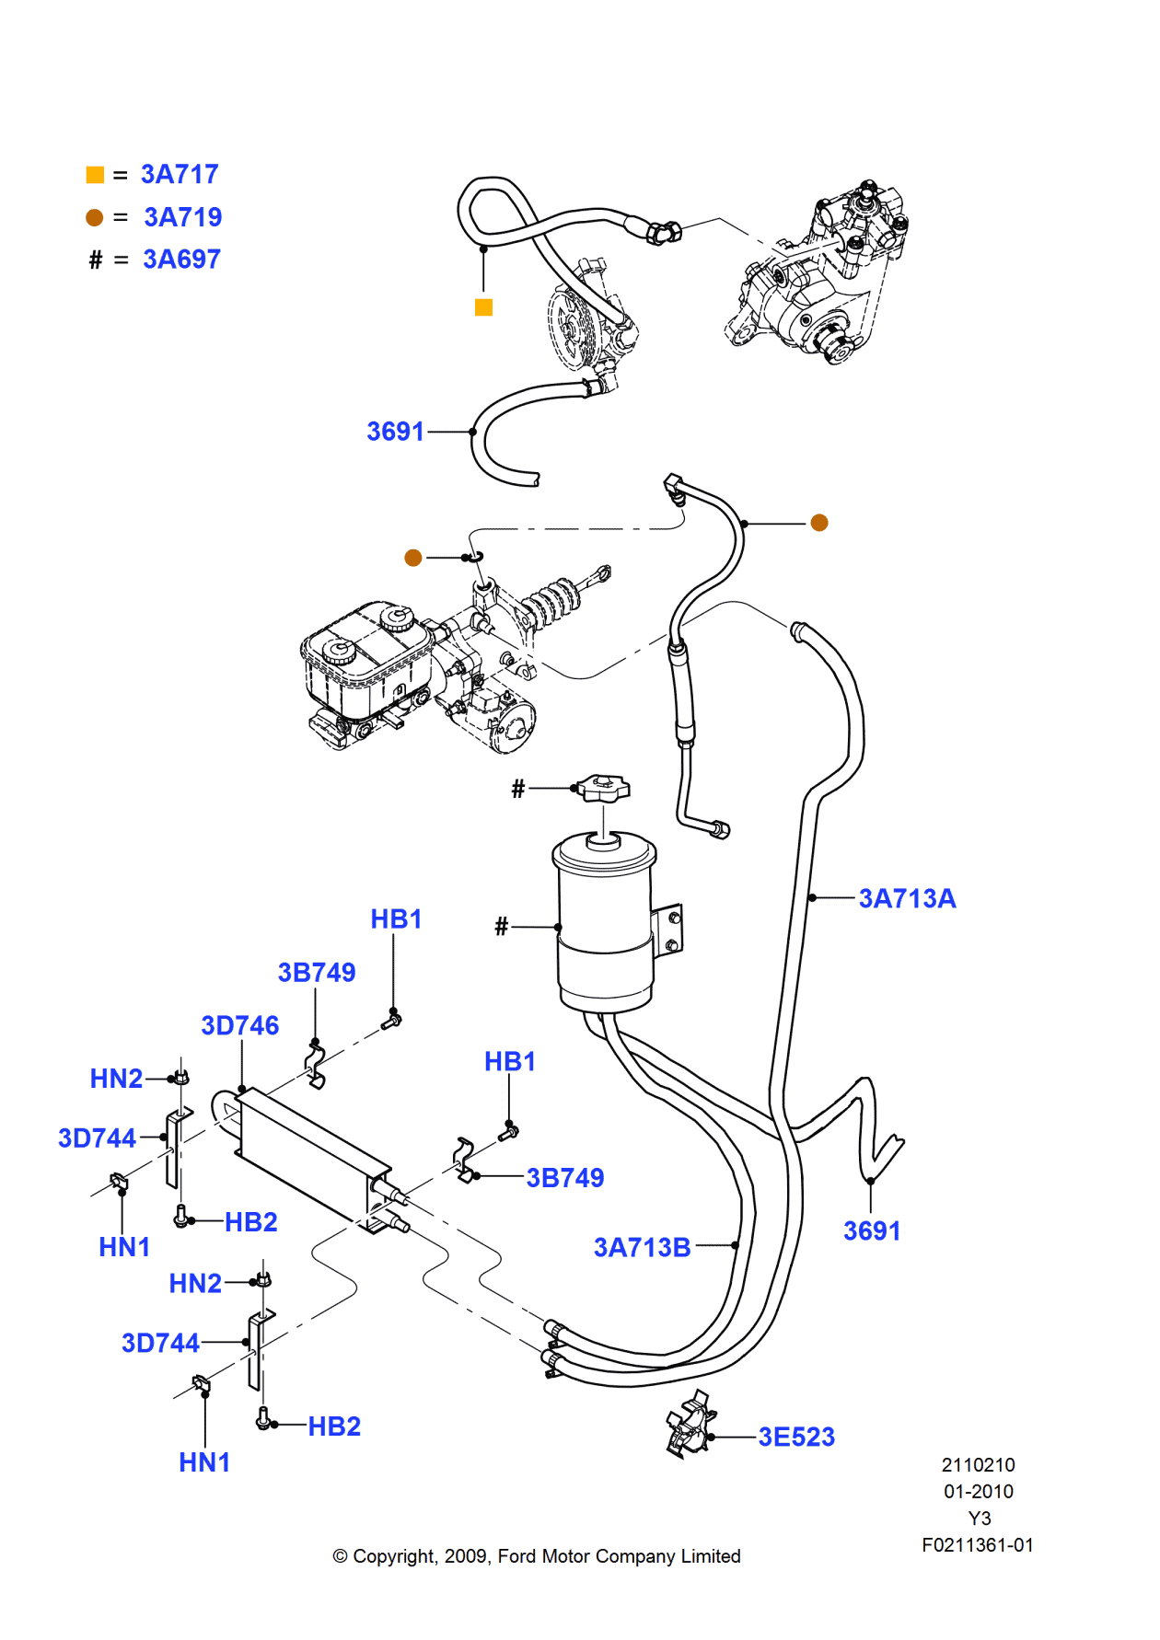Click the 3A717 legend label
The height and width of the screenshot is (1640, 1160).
point(179,174)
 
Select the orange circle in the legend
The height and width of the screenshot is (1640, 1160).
point(94,217)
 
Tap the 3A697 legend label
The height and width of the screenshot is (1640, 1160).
point(181,260)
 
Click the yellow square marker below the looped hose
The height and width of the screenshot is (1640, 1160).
point(483,307)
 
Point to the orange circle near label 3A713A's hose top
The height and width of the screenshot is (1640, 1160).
point(819,523)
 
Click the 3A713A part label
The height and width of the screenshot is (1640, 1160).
point(907,898)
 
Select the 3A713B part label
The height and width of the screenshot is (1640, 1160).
point(642,1247)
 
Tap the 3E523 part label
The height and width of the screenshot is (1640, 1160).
point(796,1437)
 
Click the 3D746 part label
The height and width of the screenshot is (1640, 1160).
point(239,1025)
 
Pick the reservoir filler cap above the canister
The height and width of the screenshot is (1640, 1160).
point(602,787)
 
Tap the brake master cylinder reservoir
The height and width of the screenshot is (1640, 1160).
point(364,658)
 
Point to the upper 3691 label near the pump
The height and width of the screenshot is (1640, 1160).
point(395,431)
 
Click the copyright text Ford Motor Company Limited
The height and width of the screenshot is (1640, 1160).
point(537,1556)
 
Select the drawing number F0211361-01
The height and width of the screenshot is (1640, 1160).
point(977,1545)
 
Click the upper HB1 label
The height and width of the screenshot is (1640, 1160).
point(396,918)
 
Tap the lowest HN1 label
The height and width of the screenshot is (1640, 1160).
point(204,1462)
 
